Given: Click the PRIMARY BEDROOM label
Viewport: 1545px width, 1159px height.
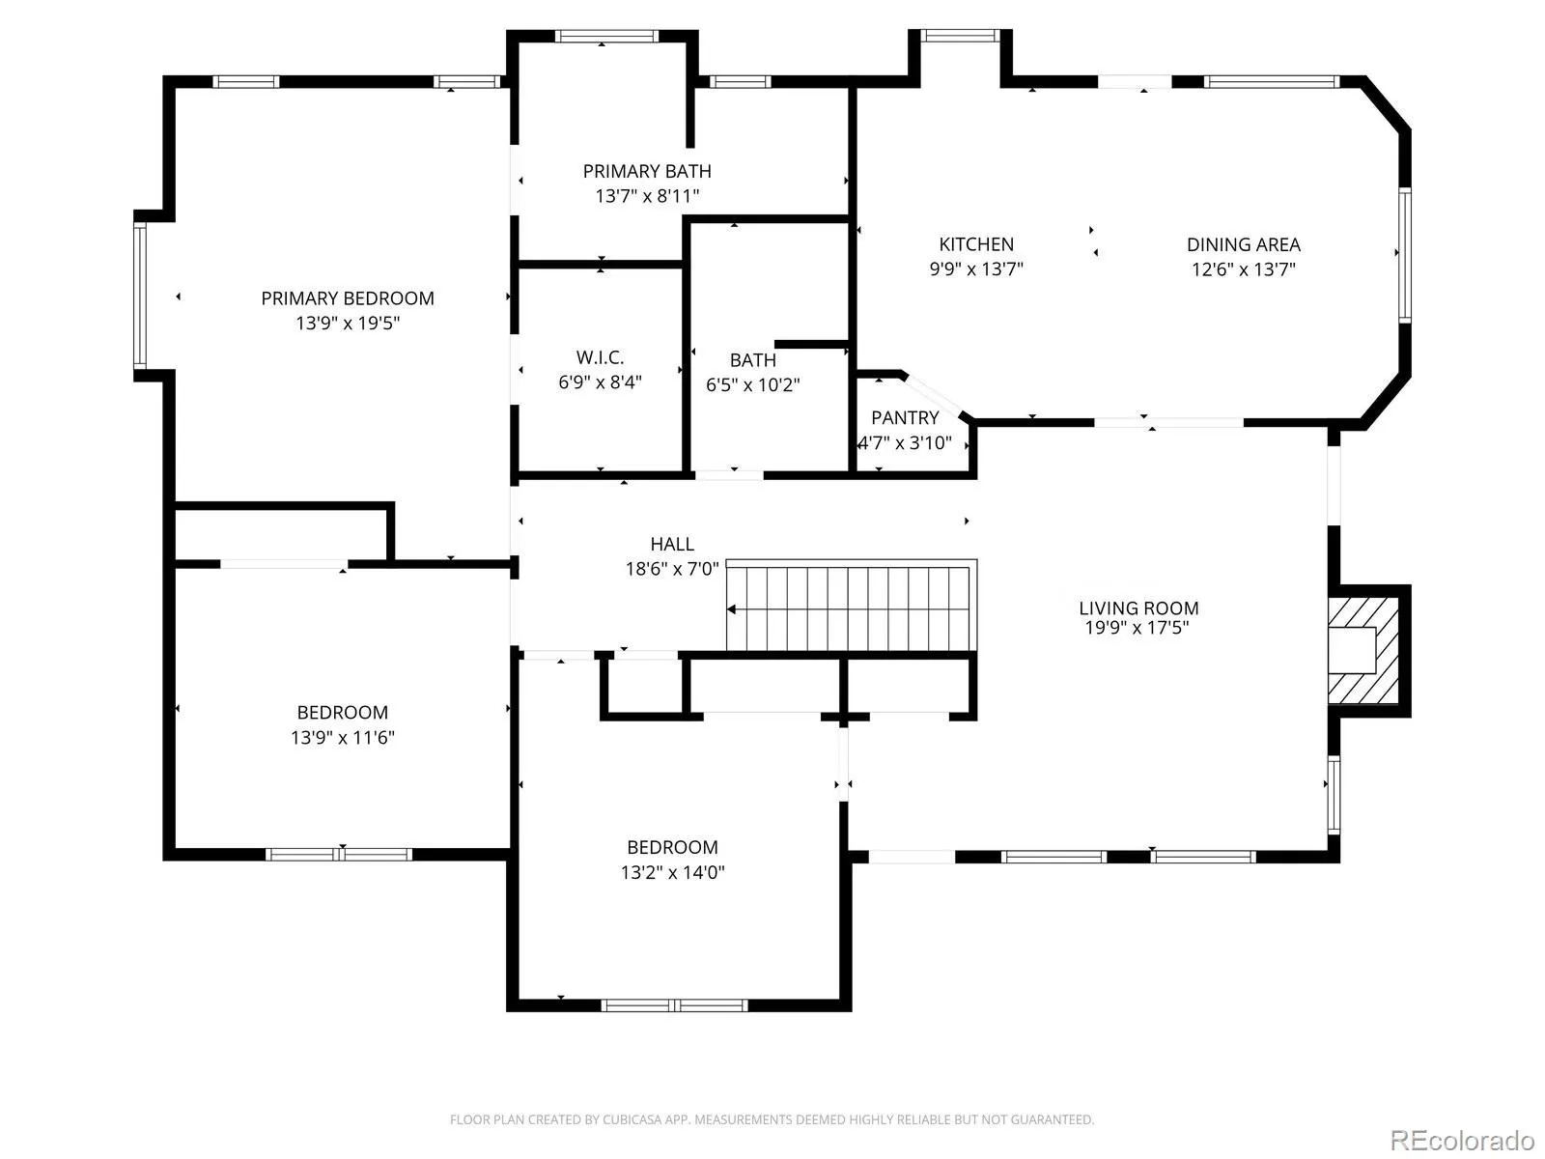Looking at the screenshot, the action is tap(347, 298).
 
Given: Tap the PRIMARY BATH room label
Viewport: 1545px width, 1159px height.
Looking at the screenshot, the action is tap(646, 171).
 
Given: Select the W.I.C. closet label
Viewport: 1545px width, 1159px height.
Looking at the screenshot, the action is tap(600, 357).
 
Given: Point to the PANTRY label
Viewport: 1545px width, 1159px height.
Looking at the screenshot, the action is tap(905, 418).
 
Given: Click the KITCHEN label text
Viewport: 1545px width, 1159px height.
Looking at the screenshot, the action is tap(976, 244).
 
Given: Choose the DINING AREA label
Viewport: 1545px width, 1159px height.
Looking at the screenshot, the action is tap(1243, 244).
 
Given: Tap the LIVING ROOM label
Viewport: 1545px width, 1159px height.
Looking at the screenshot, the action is tap(1138, 608).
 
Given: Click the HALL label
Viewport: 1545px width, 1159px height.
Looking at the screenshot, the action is tap(672, 544).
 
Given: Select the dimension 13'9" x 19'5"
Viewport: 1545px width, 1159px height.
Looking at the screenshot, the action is tap(348, 323).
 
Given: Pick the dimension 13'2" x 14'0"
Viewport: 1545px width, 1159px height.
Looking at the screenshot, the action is tap(672, 872).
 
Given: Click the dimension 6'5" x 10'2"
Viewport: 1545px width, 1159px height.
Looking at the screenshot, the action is tap(752, 385).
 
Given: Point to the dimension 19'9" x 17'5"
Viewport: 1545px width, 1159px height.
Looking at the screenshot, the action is tap(1137, 627).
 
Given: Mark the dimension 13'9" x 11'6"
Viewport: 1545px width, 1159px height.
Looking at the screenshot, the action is tap(343, 738).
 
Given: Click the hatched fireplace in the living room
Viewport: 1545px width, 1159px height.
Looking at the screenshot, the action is tap(1362, 650).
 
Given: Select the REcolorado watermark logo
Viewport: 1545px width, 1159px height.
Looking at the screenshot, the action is tap(1463, 1140).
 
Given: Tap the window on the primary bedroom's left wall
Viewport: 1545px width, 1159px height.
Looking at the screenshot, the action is tap(140, 296).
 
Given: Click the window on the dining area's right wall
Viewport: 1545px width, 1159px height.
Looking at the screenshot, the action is tap(1404, 255).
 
